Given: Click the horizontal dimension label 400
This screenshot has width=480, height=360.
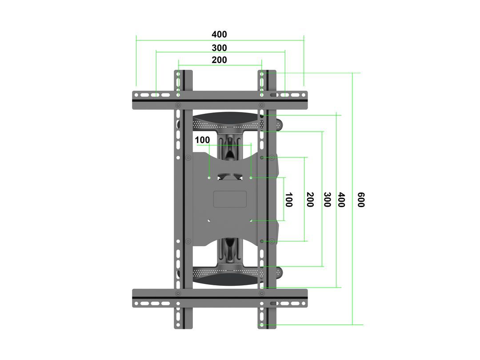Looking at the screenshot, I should pos(219,35).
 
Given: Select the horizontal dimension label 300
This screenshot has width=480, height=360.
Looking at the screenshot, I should pos(219,48).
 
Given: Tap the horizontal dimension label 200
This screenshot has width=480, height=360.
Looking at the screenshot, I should pos(219,60).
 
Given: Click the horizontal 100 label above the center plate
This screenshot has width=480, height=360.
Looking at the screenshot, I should pos(202,140).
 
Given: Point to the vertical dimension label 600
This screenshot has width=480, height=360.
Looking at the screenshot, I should pos(361,200).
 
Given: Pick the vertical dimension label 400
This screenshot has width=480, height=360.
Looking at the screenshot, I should pos(341,200).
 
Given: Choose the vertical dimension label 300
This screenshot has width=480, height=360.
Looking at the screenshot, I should pos(328,200).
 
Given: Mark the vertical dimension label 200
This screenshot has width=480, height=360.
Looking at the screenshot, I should pos(310,200).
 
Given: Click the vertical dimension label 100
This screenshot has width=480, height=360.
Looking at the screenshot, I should pos(289,200).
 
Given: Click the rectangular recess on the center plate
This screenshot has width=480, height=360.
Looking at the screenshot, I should pos(230,199).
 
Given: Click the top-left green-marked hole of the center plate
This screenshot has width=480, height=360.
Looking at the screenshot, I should pos(209,178).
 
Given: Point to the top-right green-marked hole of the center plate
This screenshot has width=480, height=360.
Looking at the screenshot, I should pos(251,178).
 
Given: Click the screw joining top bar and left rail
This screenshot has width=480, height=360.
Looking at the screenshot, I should pos(178,105).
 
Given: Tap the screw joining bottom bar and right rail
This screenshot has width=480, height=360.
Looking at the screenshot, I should pos(262,293).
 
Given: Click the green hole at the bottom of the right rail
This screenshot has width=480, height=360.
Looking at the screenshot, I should pos(262,325).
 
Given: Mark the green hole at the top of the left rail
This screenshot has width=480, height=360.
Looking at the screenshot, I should pos(178,72).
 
